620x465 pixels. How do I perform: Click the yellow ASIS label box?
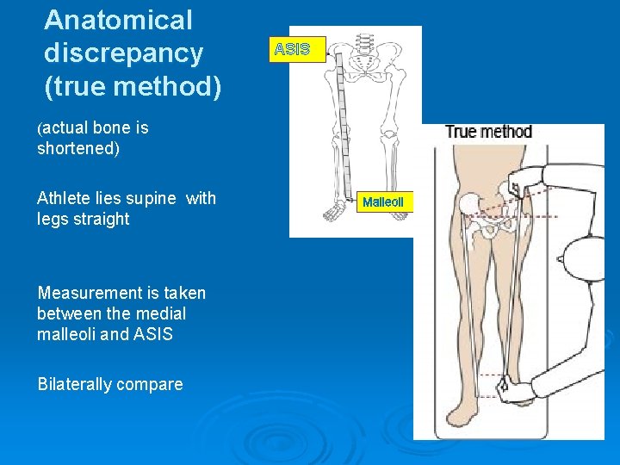[292, 49]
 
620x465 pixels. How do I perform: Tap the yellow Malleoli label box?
[382, 201]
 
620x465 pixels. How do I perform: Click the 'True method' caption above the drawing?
[488, 132]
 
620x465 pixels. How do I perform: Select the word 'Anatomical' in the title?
[118, 20]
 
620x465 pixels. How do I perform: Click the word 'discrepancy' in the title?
[124, 53]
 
